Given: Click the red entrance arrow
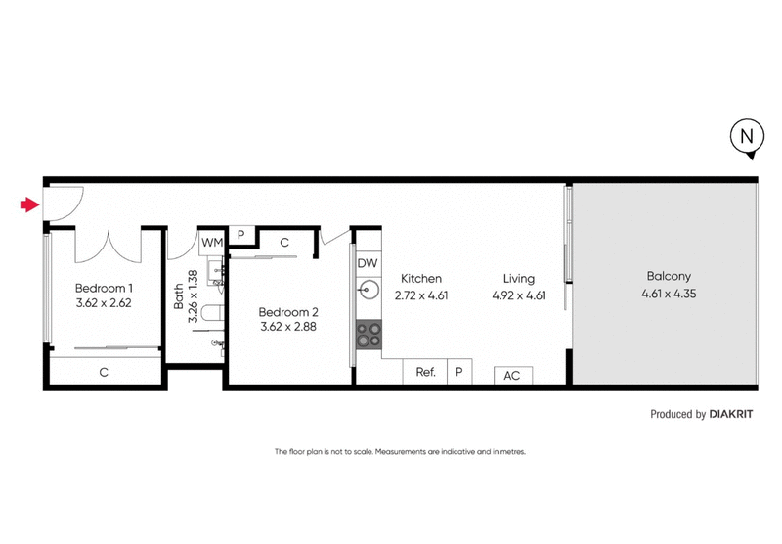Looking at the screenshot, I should tap(27, 204).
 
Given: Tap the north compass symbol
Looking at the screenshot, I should tap(745, 140).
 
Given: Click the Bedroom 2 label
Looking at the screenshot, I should tap(288, 313).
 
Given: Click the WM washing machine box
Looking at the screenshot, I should tap(212, 240).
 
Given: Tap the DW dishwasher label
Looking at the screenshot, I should tap(368, 263).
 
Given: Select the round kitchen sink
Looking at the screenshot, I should tap(369, 290).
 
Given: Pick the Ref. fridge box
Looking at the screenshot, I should tap(425, 372).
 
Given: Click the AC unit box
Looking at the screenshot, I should tap(511, 375).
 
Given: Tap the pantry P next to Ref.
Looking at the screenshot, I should tap(458, 372).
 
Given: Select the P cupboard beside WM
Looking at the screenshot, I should tap(240, 236).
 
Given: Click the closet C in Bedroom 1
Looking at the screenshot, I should tap(104, 372).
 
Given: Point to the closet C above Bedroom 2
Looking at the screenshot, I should tap(284, 241).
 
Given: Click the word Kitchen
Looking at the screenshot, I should tap(419, 278).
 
